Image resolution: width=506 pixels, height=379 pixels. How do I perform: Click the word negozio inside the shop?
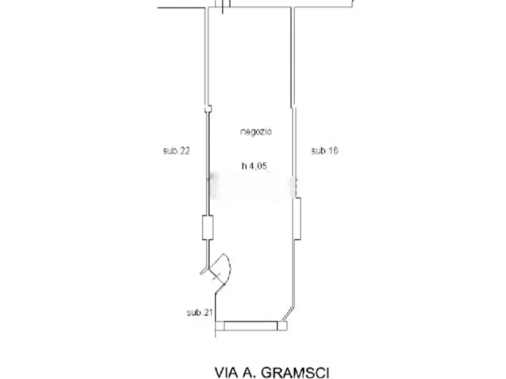point(256,132)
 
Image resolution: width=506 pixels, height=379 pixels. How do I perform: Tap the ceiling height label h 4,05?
point(254,166)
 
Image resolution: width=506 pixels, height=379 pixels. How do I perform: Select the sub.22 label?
point(177,151)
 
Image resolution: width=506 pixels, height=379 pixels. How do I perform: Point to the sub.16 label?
point(325,150)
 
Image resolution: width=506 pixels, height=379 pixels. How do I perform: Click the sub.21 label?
point(200,312)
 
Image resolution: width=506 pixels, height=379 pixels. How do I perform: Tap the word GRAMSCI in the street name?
point(295,372)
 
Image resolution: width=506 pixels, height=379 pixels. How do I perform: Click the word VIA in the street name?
point(227,372)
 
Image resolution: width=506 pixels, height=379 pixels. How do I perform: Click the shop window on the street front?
point(251,325)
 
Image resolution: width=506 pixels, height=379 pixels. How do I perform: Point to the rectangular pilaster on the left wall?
point(207,227)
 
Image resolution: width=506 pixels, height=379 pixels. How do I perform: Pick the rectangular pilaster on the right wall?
point(297,219)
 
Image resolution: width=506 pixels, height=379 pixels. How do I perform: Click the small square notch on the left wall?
point(208,109)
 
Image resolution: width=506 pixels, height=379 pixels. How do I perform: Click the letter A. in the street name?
point(249,372)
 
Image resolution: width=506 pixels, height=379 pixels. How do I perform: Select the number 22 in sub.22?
point(185,151)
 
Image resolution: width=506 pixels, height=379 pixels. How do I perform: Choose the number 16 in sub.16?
point(333,150)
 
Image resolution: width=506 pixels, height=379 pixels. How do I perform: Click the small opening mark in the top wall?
point(223,6)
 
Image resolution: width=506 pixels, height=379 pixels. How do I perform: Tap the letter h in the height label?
point(244,166)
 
